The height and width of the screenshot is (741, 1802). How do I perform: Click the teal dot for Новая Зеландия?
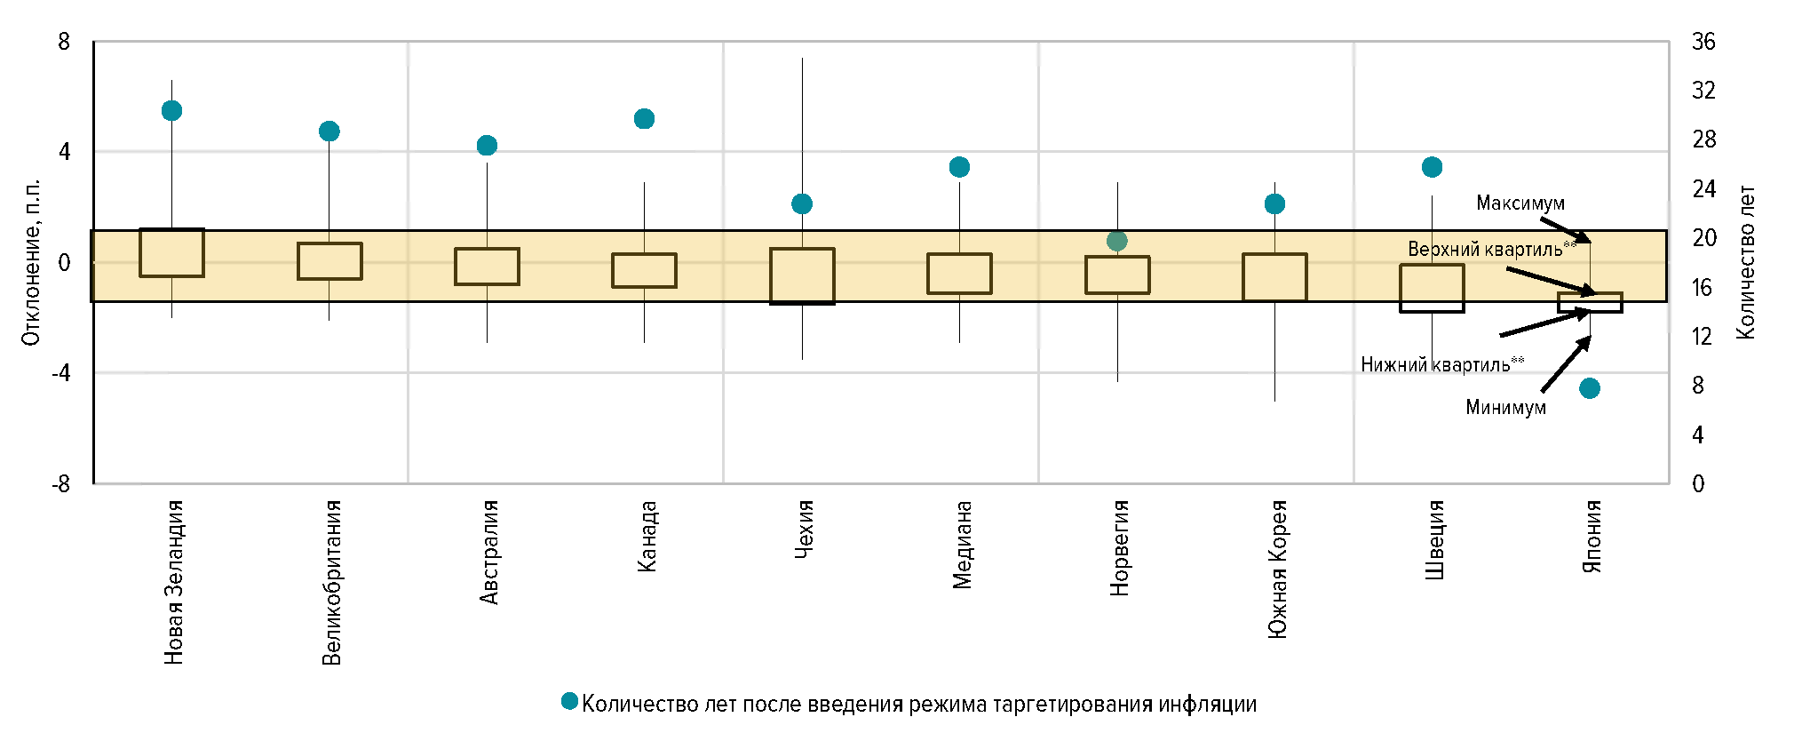coord(171,110)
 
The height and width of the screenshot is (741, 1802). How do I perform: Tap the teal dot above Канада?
coord(644,119)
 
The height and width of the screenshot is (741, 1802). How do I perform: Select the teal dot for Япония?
coord(1590,388)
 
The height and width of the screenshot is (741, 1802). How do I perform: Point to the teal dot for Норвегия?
coord(1117,241)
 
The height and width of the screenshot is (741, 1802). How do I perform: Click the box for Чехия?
coord(802,276)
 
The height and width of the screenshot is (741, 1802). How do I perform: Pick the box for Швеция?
coord(1432,288)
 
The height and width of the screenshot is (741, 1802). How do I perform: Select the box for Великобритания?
coord(329,261)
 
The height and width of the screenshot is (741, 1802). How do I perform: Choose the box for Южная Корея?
coord(1274,277)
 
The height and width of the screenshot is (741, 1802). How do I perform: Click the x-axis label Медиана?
coord(963,545)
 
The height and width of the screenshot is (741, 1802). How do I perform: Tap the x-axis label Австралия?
coord(489,553)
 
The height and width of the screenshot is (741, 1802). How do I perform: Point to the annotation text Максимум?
coord(1520,203)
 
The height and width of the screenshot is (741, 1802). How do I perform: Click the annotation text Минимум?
coord(1505,408)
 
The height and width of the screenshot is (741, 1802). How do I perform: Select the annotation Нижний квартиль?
coord(1441,364)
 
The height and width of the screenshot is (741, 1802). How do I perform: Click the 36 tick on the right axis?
coord(1703,42)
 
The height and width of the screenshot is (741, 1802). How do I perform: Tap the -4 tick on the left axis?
coord(61,373)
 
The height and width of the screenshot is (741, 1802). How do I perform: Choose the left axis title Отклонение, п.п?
coord(31,262)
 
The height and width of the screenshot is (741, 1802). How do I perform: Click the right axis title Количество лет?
coord(1746,262)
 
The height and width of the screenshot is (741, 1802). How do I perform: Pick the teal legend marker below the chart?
coord(570,702)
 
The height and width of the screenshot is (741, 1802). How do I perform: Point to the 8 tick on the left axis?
coord(64,42)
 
